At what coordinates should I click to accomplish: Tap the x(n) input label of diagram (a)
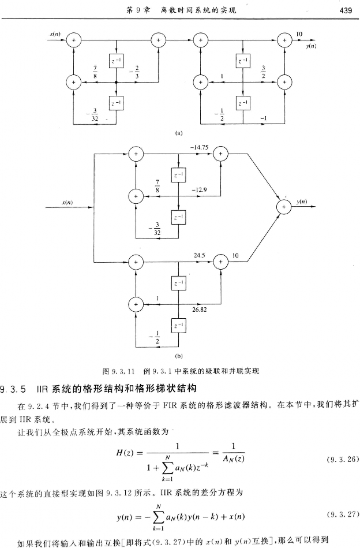55,34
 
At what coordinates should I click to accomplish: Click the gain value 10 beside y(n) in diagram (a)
299,34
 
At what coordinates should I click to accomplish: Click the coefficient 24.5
200,254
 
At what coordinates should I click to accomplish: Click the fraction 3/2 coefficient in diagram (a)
264,71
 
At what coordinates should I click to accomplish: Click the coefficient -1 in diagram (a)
265,117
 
